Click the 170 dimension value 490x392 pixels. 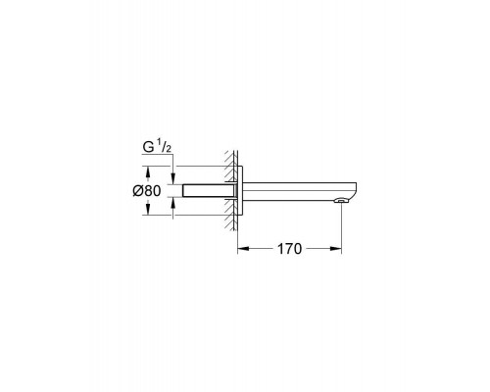[289, 249]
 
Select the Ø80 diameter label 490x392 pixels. [147, 191]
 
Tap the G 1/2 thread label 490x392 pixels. [157, 147]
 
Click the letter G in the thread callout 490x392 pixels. [148, 148]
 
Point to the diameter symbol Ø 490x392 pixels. [138, 191]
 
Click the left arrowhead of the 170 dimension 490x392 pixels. [243, 249]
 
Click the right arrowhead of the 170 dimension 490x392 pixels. [336, 249]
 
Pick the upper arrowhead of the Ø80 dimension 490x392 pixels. [148, 172]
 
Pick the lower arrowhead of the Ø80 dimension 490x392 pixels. [148, 209]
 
